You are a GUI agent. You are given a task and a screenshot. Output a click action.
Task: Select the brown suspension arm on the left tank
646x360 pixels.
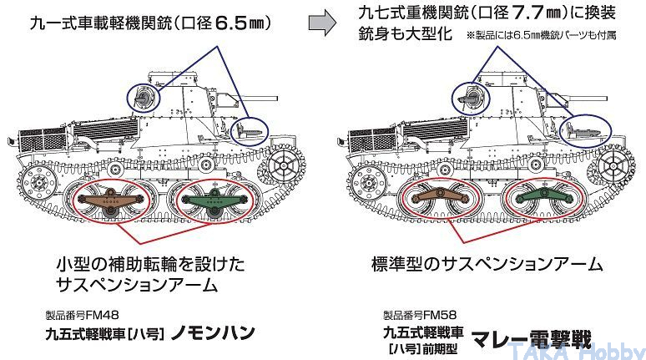pyautogui.click(x=105, y=198)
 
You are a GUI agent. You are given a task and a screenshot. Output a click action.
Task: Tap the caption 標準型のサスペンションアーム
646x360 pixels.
pyautogui.click(x=487, y=265)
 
